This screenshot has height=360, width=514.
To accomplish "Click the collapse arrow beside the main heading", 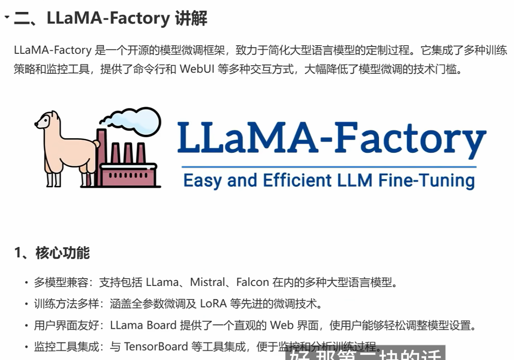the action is coord(6,17).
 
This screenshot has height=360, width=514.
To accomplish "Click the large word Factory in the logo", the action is coord(410,137).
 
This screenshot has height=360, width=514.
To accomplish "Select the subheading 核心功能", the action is coord(62,253).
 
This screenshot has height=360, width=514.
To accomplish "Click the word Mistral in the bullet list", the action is coord(207,282).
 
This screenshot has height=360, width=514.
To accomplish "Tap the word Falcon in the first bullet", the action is coord(253,282).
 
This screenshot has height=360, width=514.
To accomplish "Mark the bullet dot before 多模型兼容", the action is coord(26,282).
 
